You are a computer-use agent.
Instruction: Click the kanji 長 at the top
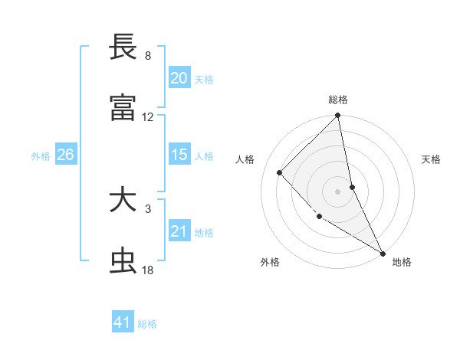123,47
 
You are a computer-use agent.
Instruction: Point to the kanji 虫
123,261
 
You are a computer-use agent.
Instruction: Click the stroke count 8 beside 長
148,56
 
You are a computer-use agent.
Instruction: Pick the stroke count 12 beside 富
148,117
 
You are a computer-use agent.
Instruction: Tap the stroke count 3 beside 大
148,208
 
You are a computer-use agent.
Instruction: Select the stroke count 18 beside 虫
148,270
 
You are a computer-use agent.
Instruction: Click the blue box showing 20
179,78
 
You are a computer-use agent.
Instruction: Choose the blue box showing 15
179,155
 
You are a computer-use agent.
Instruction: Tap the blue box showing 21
179,231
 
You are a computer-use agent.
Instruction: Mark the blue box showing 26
65,155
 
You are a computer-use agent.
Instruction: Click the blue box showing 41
123,322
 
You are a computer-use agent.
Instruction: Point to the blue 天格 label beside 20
203,79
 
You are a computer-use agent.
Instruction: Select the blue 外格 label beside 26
41,155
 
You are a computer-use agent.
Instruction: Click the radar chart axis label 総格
338,100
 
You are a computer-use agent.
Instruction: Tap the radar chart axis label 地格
402,262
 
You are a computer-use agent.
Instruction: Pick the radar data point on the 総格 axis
338,116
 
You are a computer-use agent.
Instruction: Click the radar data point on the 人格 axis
280,172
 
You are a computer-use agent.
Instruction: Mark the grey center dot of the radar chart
338,191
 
